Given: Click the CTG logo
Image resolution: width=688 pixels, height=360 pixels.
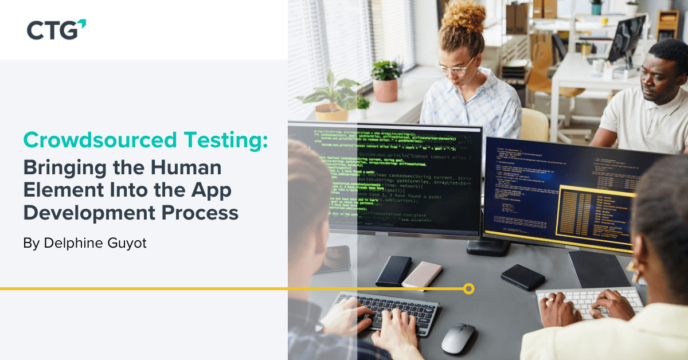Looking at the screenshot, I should coord(56,29).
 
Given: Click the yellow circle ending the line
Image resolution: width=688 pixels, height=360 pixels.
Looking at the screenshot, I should coord(468,288).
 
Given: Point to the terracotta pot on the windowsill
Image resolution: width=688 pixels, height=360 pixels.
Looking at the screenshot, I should coord(385,90).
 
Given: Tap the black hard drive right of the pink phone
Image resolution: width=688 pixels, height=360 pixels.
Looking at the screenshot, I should coord(522,277).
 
